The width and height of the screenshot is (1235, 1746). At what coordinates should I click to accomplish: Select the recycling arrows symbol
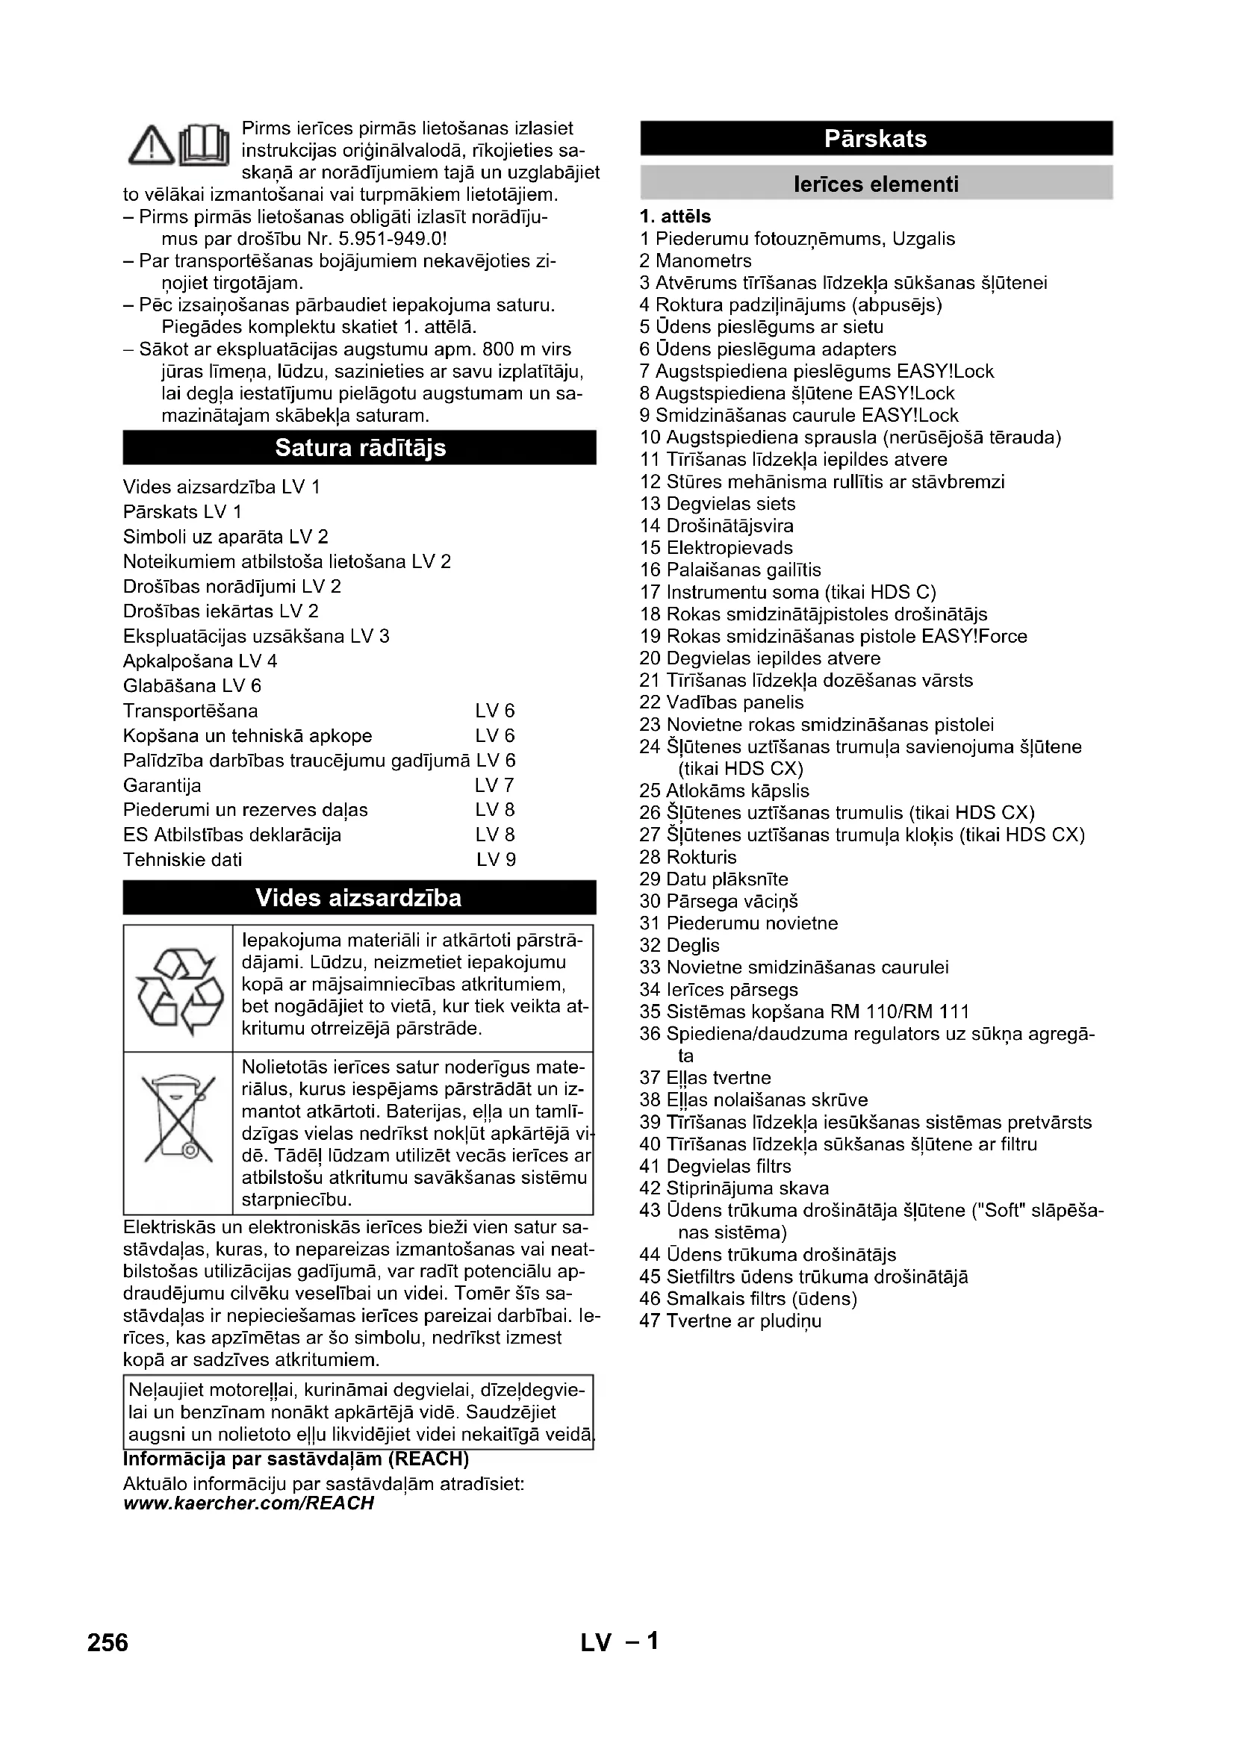(179, 989)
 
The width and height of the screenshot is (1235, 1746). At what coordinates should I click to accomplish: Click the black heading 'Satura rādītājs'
(360, 447)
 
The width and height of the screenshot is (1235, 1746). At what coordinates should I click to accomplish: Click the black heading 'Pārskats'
(876, 138)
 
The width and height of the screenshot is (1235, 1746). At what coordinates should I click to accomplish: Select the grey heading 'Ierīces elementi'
(876, 184)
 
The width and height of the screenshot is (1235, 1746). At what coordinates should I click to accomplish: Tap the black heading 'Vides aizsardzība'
(359, 898)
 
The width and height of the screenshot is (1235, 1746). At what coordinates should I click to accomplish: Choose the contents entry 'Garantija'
(162, 785)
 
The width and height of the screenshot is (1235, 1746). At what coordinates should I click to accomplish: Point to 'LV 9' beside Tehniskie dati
(496, 860)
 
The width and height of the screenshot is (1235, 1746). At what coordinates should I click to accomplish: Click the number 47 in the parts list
(650, 1321)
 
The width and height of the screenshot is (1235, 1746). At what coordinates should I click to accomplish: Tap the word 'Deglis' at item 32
(693, 945)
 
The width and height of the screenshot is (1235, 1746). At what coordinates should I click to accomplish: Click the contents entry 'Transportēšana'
(190, 711)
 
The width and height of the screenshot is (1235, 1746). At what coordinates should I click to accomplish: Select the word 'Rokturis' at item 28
(701, 857)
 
